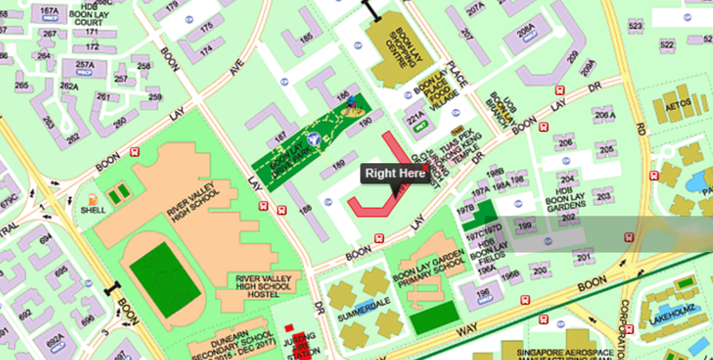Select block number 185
point(307,37)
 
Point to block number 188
point(306,210)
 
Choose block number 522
point(636,26)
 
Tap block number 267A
point(49,12)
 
